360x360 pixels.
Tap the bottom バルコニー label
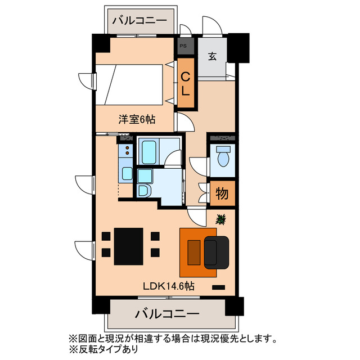click(x=168, y=313)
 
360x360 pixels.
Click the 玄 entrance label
click(x=212, y=56)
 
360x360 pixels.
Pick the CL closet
click(x=186, y=84)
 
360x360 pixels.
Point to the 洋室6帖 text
click(x=137, y=119)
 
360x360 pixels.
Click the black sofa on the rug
click(x=217, y=251)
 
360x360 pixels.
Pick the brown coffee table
click(x=193, y=251)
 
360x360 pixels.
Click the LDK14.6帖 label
click(x=169, y=286)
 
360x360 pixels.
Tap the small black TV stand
click(x=218, y=287)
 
